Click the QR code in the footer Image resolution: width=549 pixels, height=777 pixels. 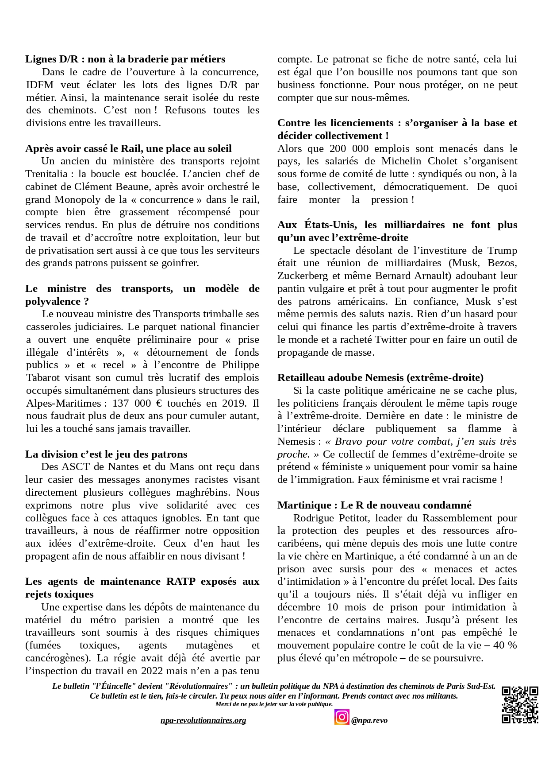tap(520, 705)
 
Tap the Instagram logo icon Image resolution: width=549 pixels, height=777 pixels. tap(342, 717)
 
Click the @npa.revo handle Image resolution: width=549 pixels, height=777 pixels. tap(369, 720)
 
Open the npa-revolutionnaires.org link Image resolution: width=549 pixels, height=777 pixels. tap(203, 720)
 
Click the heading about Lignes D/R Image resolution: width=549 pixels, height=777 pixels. tap(125, 59)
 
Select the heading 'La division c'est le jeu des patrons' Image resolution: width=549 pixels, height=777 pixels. tap(106, 454)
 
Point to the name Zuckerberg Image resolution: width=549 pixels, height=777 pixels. tap(303, 276)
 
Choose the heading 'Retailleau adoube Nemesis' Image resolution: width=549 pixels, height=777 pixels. tap(380, 377)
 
